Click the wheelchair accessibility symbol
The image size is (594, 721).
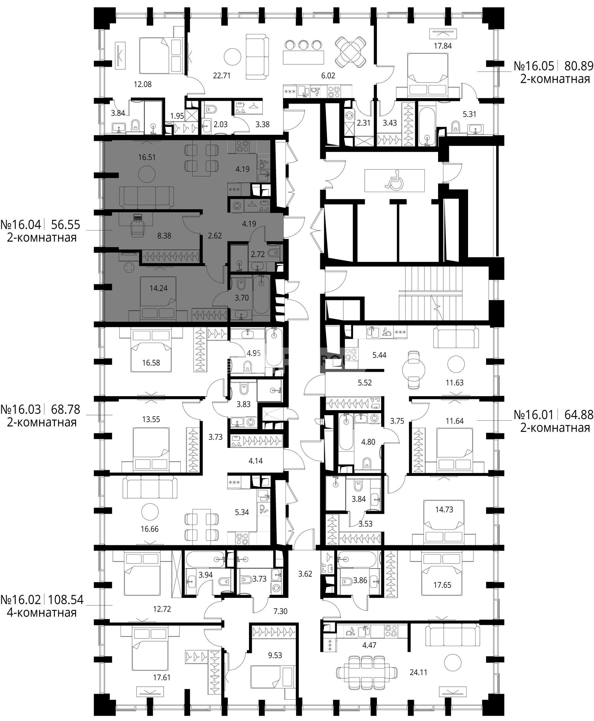coord(394,180)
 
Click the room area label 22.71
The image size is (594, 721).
coord(222,75)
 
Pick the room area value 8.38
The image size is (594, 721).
coord(164,236)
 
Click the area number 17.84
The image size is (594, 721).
coord(443,46)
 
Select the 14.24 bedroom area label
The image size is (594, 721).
coord(158,288)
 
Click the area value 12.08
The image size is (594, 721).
coord(143,84)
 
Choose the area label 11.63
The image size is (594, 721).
coord(454,382)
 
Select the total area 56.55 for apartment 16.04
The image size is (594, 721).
coord(65,225)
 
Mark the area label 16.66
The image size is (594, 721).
coord(149,529)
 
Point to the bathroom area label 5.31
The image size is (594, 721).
coord(469,114)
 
